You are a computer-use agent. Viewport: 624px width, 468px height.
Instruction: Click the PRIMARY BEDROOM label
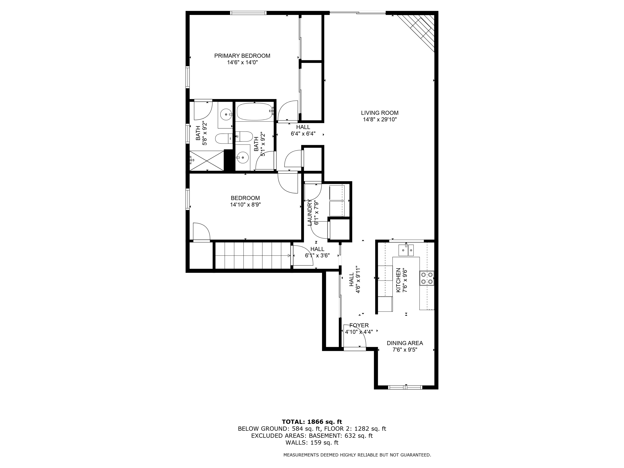tap(242, 56)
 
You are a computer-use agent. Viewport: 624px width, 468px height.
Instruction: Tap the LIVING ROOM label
tap(380, 113)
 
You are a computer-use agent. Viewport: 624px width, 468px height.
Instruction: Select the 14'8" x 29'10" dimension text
tap(380, 120)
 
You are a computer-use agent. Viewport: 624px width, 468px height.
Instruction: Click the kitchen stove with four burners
tap(427, 278)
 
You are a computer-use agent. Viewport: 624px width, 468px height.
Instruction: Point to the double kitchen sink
tap(406, 250)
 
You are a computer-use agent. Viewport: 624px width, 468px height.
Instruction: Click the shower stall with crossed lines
tap(207, 161)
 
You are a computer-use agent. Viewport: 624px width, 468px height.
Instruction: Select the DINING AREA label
tap(405, 343)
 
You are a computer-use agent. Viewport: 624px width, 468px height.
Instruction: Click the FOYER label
tap(359, 325)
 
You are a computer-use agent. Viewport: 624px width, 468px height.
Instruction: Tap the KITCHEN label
tap(398, 280)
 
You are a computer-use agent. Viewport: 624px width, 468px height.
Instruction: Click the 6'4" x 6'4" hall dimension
tap(303, 134)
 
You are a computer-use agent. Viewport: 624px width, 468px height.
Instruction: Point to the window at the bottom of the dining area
tap(405, 387)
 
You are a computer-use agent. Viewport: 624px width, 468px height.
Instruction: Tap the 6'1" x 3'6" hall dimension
tap(317, 256)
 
